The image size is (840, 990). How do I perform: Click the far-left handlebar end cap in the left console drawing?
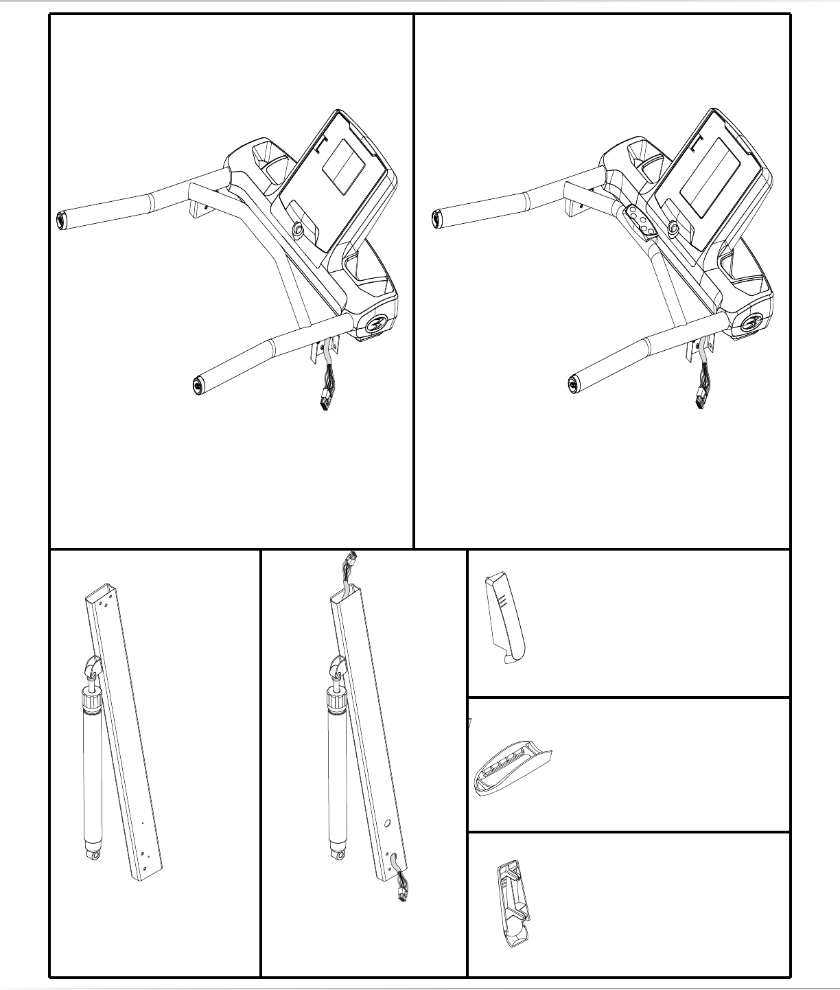click(x=59, y=220)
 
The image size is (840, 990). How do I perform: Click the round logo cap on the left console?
click(x=375, y=323)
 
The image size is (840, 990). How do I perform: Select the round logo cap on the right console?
click(x=752, y=322)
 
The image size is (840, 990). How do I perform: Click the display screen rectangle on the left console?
click(x=345, y=167)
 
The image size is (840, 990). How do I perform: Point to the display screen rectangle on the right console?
click(x=708, y=174)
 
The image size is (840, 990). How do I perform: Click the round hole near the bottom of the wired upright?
click(x=388, y=822)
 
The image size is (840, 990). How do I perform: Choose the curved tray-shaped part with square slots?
click(x=511, y=768)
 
